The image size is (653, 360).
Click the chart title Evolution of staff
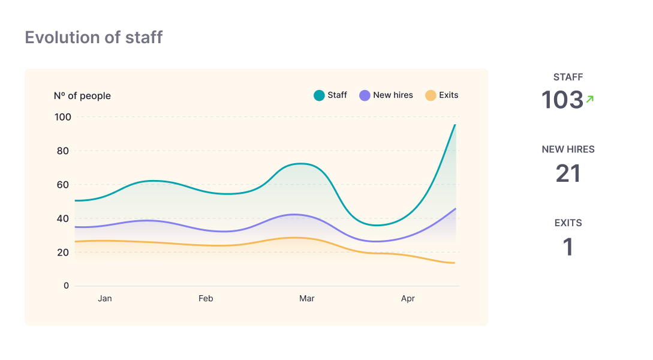point(94,38)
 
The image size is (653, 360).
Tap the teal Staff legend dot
point(319,95)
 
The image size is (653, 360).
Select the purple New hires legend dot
point(365,95)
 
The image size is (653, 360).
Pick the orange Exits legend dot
point(431,95)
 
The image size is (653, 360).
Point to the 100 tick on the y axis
point(63,117)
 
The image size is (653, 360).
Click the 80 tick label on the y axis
point(63,151)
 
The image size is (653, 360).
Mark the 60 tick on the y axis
point(63,185)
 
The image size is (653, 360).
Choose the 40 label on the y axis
point(63,218)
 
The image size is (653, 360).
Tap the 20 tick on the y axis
point(63,252)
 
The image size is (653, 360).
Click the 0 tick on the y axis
point(67,286)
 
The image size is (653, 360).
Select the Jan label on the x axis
point(105,298)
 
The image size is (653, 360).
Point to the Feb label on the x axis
point(206,298)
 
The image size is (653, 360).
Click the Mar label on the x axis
point(307,298)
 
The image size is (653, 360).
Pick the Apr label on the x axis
point(408,298)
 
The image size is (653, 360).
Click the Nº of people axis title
point(82,96)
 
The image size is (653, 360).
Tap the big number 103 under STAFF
point(562,100)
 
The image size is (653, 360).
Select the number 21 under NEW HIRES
point(568,174)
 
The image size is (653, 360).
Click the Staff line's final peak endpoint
point(455,125)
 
